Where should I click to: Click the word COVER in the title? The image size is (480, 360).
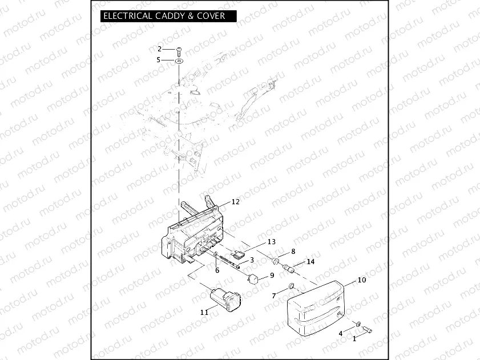click(x=209, y=16)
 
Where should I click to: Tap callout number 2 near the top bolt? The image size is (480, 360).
click(x=160, y=48)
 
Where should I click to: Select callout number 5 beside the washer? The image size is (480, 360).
click(x=160, y=59)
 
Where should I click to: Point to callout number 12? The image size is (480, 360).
click(x=235, y=201)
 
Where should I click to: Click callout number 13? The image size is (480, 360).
click(x=271, y=241)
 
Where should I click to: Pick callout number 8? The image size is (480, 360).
click(x=293, y=251)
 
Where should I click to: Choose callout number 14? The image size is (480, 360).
click(x=310, y=262)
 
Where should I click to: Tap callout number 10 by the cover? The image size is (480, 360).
click(x=361, y=280)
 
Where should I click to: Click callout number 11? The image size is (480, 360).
click(x=204, y=312)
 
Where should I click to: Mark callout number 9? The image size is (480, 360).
click(x=272, y=275)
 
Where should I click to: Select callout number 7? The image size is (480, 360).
click(x=274, y=295)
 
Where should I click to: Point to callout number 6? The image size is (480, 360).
click(x=217, y=270)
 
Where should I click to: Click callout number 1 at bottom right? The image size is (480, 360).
click(x=354, y=338)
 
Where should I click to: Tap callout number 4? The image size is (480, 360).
click(x=341, y=333)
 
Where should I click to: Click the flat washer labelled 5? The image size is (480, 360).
click(x=179, y=59)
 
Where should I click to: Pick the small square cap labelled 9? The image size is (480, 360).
click(x=253, y=279)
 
